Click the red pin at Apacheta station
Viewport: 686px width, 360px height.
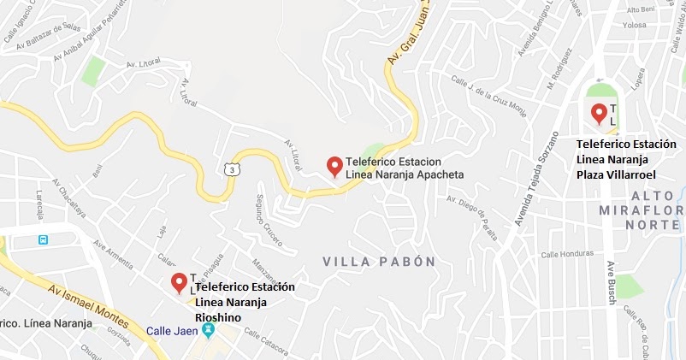pyautogui.click(x=334, y=165)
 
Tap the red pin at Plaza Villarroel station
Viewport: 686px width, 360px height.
pyautogui.click(x=599, y=112)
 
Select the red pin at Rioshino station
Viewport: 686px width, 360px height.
pyautogui.click(x=179, y=281)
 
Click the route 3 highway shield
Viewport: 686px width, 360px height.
pyautogui.click(x=233, y=169)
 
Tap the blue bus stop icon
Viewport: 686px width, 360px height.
pyautogui.click(x=42, y=239)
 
